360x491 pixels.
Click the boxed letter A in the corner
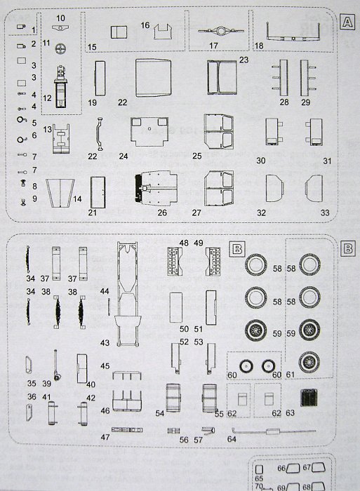[x=347, y=22]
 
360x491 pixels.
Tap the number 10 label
[x=60, y=18]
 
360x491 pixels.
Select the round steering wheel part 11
[x=61, y=48]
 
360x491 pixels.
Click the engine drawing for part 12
[x=61, y=87]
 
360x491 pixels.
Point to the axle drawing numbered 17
[x=220, y=32]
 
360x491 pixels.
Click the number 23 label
[x=244, y=60]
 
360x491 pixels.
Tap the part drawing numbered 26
[x=154, y=188]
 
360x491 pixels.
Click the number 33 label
[x=325, y=213]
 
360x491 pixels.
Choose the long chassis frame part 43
[x=127, y=294]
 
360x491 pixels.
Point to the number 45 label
[x=105, y=365]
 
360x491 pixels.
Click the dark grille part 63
[x=309, y=397]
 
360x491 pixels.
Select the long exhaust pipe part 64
[x=274, y=431]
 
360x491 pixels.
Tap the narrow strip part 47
[x=127, y=430]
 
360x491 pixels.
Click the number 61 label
[x=290, y=375]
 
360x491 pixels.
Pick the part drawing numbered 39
[x=56, y=365]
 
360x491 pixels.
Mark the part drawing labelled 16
[x=163, y=32]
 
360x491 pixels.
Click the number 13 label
[x=47, y=129]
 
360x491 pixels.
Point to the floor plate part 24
[x=149, y=132]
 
